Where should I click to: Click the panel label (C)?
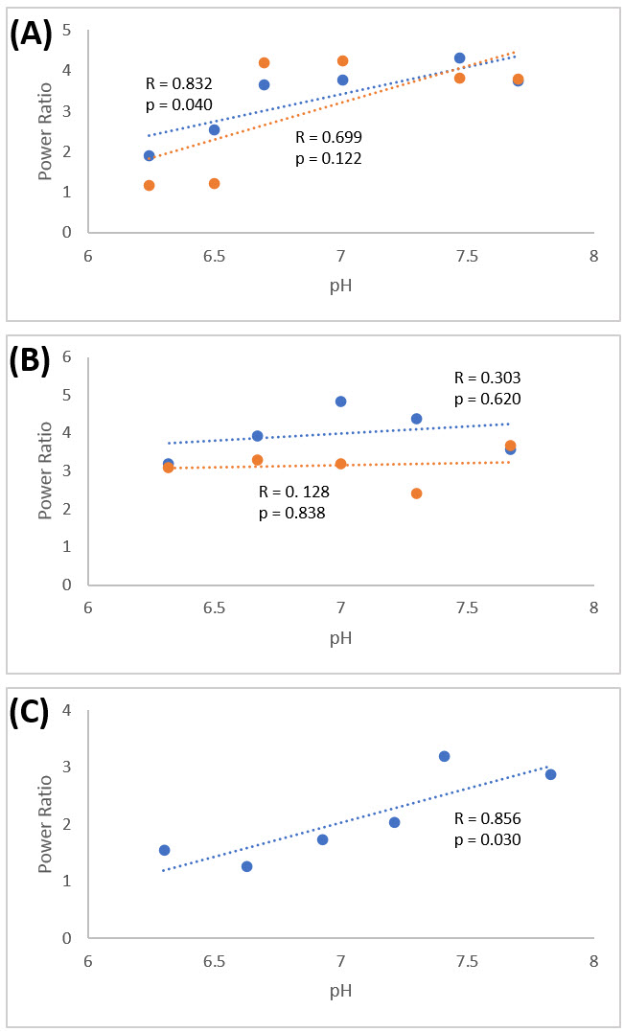[30, 714]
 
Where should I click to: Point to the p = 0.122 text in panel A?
[329, 159]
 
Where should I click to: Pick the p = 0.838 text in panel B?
[293, 513]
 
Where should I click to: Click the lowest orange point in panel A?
[149, 185]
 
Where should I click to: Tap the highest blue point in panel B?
[340, 401]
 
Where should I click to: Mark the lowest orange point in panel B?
[416, 493]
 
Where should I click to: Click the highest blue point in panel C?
[444, 756]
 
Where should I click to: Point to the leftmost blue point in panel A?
[149, 155]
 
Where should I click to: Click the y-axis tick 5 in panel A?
[67, 31]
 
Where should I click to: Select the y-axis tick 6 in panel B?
[67, 356]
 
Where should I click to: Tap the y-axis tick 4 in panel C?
[67, 711]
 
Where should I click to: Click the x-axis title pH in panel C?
[340, 990]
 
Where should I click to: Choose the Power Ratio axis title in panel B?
[44, 470]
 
